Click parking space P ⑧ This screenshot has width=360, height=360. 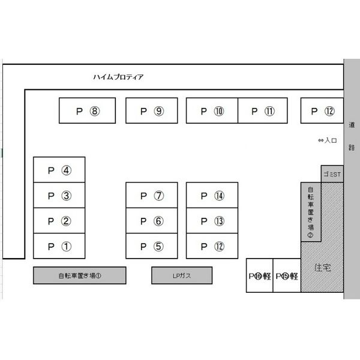click(88, 110)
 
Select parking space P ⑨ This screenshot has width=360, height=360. click(151, 110)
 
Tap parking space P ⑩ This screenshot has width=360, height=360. click(212, 110)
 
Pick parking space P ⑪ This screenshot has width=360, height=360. click(263, 110)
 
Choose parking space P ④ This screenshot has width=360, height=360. click(59, 170)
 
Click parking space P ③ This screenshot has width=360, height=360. click(59, 195)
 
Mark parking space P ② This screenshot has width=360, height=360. click(59, 221)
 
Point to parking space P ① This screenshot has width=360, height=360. click(59, 246)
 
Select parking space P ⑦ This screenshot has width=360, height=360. click(151, 195)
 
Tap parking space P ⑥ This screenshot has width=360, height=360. click(151, 221)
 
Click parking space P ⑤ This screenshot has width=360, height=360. click(151, 246)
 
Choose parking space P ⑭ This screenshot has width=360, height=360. click(212, 195)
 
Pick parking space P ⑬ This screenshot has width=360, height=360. click(212, 221)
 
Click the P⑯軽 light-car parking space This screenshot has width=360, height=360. click(259, 275)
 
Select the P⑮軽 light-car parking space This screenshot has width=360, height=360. click(286, 275)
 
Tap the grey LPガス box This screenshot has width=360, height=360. click(182, 275)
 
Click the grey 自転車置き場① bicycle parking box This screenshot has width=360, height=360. click(79, 275)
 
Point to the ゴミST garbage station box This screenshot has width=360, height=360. click(332, 174)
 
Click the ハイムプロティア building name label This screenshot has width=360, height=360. click(118, 77)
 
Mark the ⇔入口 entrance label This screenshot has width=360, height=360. click(328, 140)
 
